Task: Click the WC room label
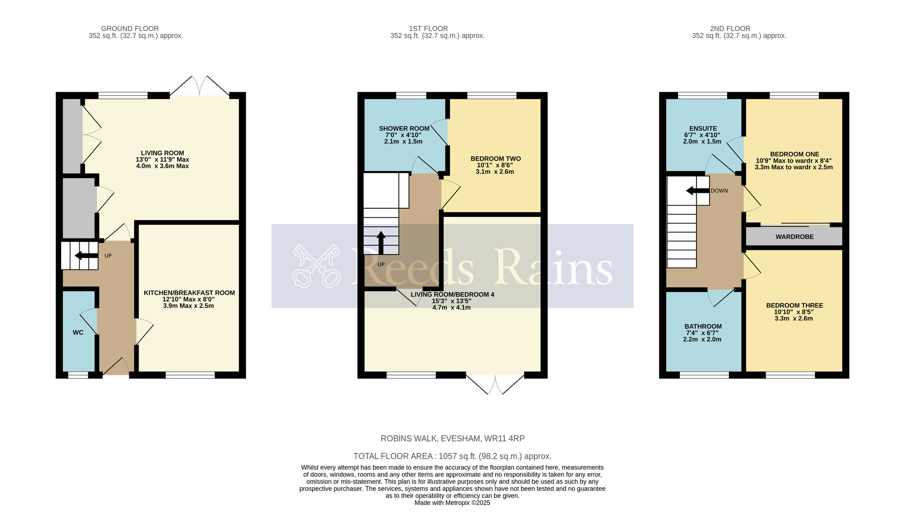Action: [78, 332]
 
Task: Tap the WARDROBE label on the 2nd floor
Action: [794, 237]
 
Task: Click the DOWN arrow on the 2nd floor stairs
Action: [697, 191]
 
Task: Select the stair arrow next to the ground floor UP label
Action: [86, 256]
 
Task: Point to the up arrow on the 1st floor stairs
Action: [381, 242]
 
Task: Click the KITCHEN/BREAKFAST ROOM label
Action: [189, 293]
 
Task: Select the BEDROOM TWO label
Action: [495, 159]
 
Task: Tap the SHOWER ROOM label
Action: [404, 129]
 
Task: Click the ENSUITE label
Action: [703, 129]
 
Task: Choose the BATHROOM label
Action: [703, 326]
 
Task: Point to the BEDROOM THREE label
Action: [794, 306]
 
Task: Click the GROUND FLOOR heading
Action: [130, 29]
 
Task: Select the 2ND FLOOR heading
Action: [730, 29]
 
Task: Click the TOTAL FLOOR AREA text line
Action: [452, 456]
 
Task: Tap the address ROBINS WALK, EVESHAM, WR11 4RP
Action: [452, 438]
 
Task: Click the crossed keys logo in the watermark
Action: [316, 266]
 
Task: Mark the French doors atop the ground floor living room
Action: [200, 86]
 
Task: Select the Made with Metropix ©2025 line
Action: [452, 503]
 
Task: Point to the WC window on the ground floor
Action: [78, 375]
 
